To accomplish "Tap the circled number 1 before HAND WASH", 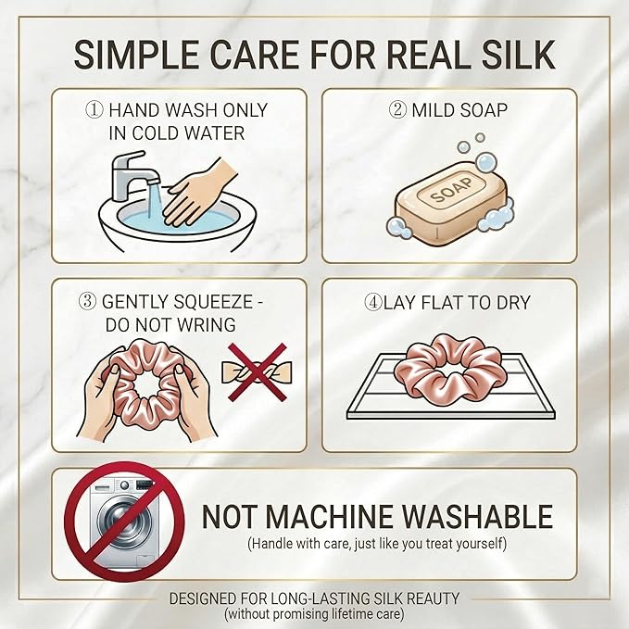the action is pos(94,110).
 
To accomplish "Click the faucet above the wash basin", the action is pos(129,174).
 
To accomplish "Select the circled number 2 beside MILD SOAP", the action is pos(398,109).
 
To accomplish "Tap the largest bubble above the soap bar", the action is pos(486,162).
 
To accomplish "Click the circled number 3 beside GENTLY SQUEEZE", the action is pos(88,301).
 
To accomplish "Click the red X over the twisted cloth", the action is pos(258,371).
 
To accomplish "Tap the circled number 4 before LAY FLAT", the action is pos(372,303).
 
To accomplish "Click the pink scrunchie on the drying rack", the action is pos(447,368).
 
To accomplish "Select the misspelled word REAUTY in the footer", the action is pos(433,598).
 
